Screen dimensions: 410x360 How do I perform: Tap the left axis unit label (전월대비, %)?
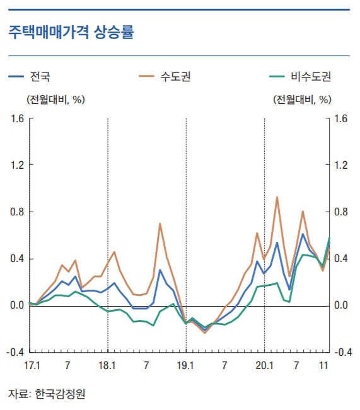click(55, 99)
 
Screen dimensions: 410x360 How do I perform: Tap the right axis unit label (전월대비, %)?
click(302, 99)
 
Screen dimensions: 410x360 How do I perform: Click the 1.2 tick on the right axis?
click(341, 166)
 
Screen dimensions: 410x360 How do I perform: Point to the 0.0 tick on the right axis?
click(341, 305)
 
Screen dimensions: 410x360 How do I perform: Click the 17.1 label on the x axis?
click(32, 365)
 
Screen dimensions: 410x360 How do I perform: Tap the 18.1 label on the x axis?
click(108, 365)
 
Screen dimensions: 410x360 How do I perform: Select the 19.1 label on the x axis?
click(186, 365)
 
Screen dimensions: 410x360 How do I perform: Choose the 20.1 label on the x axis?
click(264, 365)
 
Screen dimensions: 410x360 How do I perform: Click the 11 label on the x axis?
click(323, 365)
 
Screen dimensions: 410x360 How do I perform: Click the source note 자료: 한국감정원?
click(47, 394)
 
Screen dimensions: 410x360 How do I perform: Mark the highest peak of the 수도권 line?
click(277, 197)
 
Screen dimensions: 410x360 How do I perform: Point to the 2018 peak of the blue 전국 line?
click(160, 270)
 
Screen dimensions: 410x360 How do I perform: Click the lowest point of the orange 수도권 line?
click(205, 333)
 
